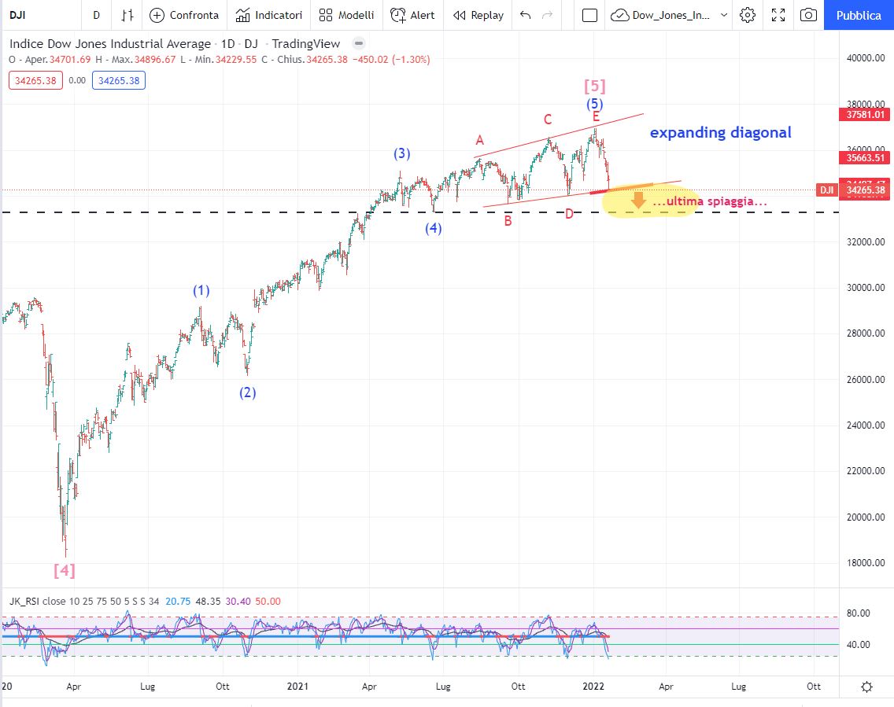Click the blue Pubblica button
(859, 15)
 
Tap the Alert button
(412, 15)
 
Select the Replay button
(478, 15)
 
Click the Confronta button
(184, 15)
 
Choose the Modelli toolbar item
(347, 15)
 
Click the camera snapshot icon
(808, 15)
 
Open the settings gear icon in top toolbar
(748, 15)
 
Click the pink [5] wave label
(594, 86)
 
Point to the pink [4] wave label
(65, 570)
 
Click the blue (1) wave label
(202, 290)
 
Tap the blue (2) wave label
(248, 392)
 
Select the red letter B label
(508, 221)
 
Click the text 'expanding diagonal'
(720, 132)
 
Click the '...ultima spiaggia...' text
(710, 202)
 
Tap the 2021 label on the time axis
(298, 686)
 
